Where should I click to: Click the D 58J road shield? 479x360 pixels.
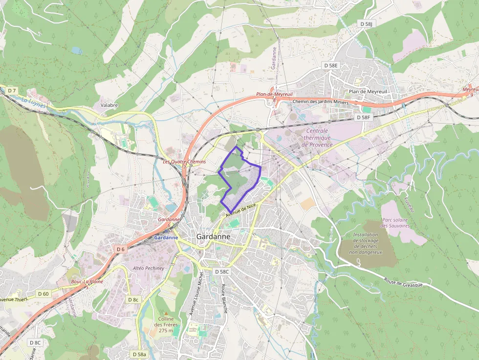pyautogui.click(x=366, y=24)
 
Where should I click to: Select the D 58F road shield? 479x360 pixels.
pyautogui.click(x=364, y=118)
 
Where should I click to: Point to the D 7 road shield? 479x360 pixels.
pyautogui.click(x=12, y=91)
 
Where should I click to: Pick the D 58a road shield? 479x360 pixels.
pyautogui.click(x=139, y=354)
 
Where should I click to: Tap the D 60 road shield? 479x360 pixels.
pyautogui.click(x=44, y=294)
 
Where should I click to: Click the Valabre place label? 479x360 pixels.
pyautogui.click(x=109, y=105)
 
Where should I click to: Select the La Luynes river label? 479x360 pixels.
pyautogui.click(x=33, y=103)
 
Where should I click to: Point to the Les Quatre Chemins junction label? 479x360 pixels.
pyautogui.click(x=184, y=162)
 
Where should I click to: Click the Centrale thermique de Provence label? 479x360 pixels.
pyautogui.click(x=317, y=138)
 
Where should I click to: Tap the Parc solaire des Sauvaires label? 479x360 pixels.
pyautogui.click(x=396, y=223)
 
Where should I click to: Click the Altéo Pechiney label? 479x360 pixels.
pyautogui.click(x=148, y=268)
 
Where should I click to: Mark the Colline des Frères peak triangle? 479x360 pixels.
pyautogui.click(x=166, y=313)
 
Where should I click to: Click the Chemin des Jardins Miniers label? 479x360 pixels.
pyautogui.click(x=320, y=102)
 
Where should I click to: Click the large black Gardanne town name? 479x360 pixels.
pyautogui.click(x=213, y=236)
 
